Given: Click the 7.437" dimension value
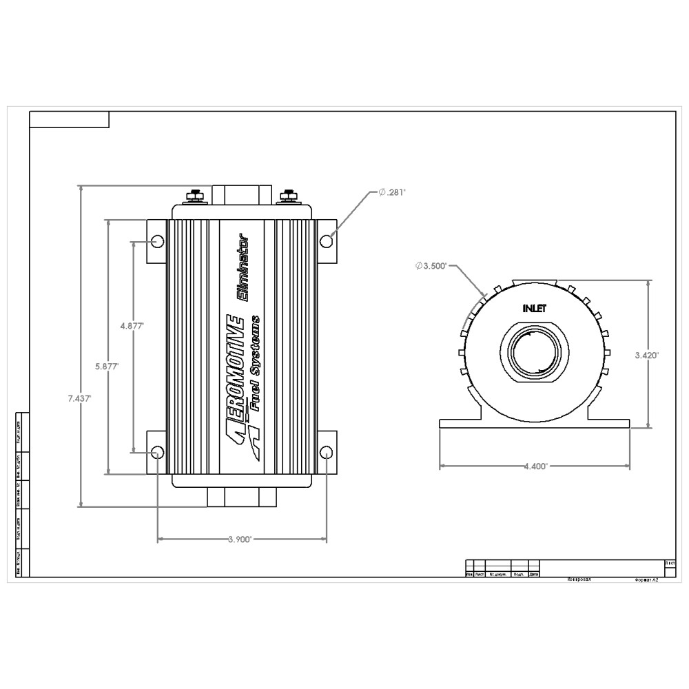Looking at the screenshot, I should point(80,398).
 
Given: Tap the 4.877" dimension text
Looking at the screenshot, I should point(132,326).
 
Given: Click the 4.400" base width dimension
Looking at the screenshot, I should point(535,466).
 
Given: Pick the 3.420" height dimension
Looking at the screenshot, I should point(647,356).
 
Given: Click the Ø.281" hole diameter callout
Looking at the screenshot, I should point(392,192).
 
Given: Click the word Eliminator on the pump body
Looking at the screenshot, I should point(243,268).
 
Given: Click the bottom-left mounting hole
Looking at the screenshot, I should point(157,452).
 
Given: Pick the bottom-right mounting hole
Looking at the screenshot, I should point(327,452).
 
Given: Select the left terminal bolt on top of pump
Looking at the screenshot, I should point(196,196).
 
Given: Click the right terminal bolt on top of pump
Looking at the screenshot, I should point(288,196).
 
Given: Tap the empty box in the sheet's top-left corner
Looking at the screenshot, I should point(69,120).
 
